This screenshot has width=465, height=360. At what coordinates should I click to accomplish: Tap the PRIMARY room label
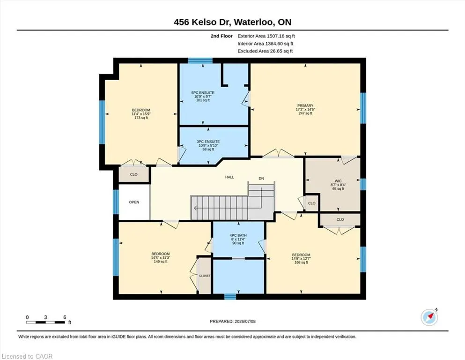[305, 105]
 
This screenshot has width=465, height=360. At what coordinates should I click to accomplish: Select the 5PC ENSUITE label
[203, 93]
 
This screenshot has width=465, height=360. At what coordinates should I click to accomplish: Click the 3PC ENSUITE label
[208, 142]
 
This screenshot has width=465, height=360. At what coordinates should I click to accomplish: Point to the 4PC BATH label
[238, 235]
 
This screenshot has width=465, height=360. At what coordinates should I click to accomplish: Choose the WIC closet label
[338, 181]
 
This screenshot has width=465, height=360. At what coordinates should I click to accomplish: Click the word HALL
[229, 177]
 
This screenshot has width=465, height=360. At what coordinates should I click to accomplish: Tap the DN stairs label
[261, 179]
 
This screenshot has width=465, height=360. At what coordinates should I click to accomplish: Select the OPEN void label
[134, 202]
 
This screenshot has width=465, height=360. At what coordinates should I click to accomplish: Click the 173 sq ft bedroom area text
[141, 118]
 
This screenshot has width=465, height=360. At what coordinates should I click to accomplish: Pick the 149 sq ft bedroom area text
[161, 262]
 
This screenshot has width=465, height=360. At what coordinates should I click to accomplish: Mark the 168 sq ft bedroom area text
[301, 262]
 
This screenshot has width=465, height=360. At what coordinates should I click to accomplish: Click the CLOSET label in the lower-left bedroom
[205, 276]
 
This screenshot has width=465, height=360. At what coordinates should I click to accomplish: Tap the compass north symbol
[429, 317]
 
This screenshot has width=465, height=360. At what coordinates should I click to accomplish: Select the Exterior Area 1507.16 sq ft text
[266, 36]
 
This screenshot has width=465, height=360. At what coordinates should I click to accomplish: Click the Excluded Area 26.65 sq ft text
[265, 51]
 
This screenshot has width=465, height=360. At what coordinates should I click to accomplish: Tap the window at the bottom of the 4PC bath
[230, 297]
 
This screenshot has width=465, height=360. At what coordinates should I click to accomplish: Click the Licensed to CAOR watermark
[27, 356]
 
